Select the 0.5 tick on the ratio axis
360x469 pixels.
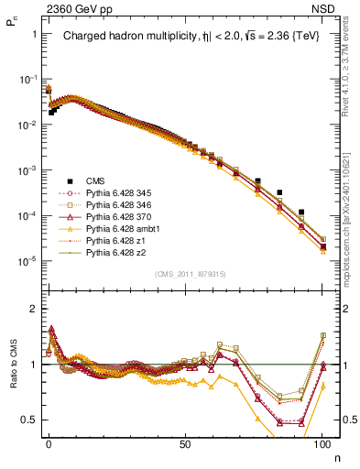pos(30,420)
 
